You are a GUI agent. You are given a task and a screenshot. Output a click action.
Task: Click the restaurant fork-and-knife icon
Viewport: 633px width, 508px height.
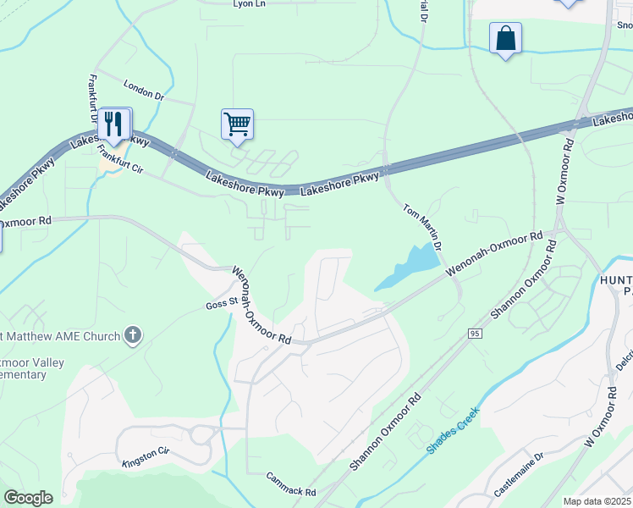coord(113,124)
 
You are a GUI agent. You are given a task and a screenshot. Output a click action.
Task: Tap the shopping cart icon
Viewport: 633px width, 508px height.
coord(237,124)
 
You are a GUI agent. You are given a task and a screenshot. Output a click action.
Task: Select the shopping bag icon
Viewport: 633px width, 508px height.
coord(505,38)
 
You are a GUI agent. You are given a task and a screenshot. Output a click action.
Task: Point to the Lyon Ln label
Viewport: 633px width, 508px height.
coord(250,4)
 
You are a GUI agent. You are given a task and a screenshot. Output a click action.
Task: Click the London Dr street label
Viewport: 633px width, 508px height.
coord(143,91)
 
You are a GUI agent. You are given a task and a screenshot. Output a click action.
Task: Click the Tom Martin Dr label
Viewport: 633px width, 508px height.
coord(423,226)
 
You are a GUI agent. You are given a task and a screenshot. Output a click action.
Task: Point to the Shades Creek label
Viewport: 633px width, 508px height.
coord(453,430)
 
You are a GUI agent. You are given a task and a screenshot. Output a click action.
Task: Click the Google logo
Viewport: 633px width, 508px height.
coord(28,498)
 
